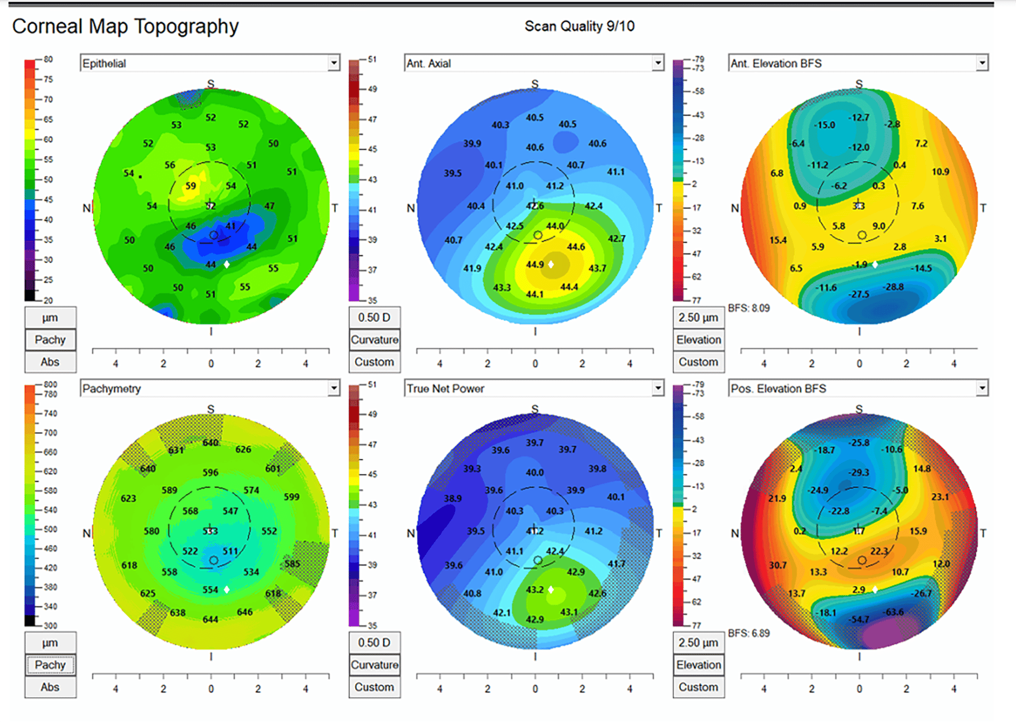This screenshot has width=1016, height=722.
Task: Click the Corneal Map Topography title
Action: (125, 26)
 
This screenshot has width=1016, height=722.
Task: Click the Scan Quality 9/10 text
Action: (579, 26)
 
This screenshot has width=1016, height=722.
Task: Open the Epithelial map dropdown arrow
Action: (334, 63)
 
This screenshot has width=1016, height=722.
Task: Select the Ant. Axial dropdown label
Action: (429, 63)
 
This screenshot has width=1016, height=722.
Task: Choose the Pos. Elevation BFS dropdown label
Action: (778, 389)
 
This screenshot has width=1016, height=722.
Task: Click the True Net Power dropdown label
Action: (445, 389)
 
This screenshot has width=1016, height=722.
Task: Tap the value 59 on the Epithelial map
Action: (191, 185)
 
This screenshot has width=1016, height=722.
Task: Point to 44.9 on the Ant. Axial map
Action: (535, 264)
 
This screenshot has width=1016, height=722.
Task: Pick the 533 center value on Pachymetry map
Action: (210, 531)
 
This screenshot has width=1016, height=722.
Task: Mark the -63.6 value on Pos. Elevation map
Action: (894, 612)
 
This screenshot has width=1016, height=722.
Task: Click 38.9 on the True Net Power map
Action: (453, 498)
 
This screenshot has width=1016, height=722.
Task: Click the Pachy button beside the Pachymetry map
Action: (50, 665)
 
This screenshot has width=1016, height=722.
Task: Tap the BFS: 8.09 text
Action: (749, 308)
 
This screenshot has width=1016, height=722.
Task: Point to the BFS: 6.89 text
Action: (749, 634)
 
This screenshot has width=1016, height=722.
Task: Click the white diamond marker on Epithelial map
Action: (227, 264)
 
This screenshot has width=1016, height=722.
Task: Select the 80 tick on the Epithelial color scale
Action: (48, 59)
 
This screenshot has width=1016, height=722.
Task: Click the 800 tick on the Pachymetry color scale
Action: (50, 385)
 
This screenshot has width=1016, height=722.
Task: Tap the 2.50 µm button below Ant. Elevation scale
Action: (698, 317)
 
